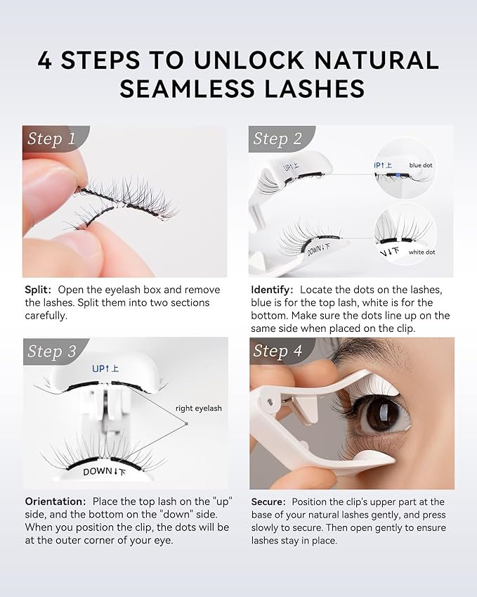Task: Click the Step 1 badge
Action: tap(51, 139)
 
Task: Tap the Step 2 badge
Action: tap(277, 139)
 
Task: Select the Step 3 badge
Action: tap(51, 352)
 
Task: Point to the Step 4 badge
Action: tap(277, 351)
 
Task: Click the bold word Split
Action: tap(37, 290)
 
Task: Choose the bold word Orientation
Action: tap(54, 501)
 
